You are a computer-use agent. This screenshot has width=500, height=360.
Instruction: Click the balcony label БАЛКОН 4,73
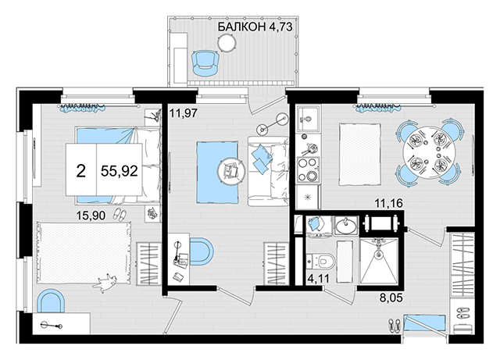255,27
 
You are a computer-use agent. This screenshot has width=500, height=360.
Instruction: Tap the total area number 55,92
120,171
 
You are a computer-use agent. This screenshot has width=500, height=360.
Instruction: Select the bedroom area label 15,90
91,216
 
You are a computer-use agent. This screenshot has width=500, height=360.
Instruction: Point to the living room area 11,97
184,113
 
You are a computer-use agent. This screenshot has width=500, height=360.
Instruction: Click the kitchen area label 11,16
389,203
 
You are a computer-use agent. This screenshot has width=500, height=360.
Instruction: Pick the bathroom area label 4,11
318,278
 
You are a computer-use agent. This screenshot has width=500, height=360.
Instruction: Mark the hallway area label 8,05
391,298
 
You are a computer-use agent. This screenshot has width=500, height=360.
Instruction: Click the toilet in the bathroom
321,261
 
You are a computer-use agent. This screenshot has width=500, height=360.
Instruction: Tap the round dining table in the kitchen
428,152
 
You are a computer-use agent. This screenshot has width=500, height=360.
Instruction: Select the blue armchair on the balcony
205,64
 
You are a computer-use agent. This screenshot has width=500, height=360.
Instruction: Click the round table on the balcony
227,42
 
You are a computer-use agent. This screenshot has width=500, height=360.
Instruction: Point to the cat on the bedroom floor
106,282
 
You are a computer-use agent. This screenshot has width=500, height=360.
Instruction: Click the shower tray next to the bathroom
379,261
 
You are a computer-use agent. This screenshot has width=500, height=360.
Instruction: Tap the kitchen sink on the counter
307,119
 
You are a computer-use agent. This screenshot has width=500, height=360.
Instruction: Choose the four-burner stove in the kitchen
308,169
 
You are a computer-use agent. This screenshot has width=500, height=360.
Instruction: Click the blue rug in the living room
217,172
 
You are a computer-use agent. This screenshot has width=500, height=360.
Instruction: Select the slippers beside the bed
120,214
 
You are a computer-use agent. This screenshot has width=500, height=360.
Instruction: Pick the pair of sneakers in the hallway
395,326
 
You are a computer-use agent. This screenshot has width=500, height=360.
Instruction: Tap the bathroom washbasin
346,226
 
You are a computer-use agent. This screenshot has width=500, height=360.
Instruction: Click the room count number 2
81,171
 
